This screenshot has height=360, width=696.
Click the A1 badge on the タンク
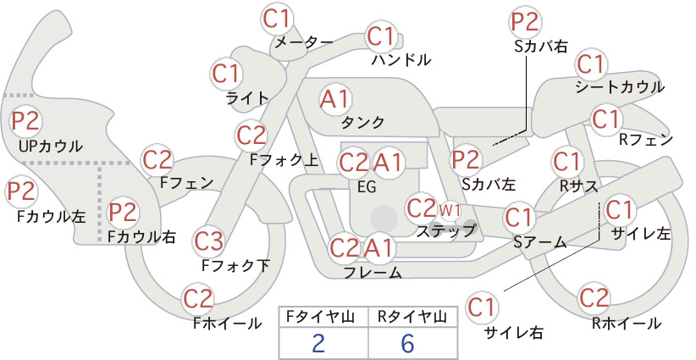coord(335,99)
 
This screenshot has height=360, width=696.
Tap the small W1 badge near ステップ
coord(450,210)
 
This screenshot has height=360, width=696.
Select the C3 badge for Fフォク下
coord(208,241)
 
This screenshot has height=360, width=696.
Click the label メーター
coord(304,42)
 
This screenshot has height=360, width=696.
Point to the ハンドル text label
coord(401,59)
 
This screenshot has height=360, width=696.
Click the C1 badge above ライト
coord(226,75)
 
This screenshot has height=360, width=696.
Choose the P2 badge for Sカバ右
coord(525,22)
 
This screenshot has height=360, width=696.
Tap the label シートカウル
coord(620,86)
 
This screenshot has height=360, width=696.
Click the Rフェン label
coord(646,140)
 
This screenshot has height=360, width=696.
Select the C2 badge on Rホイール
coord(594,298)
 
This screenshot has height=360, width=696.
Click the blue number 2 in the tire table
coord(318,343)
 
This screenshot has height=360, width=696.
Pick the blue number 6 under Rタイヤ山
coord(407,343)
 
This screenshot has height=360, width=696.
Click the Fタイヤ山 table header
coord(320,316)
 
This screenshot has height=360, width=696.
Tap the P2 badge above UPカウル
coord(25,121)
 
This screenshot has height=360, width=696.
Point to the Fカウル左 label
coord(51,216)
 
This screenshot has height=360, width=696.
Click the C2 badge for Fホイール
coord(198,299)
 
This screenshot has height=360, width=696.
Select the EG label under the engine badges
coord(367,187)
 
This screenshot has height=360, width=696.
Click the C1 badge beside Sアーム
coord(518,218)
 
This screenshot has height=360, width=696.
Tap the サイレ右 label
coord(513,333)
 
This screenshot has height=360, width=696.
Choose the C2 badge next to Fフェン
coord(157,160)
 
